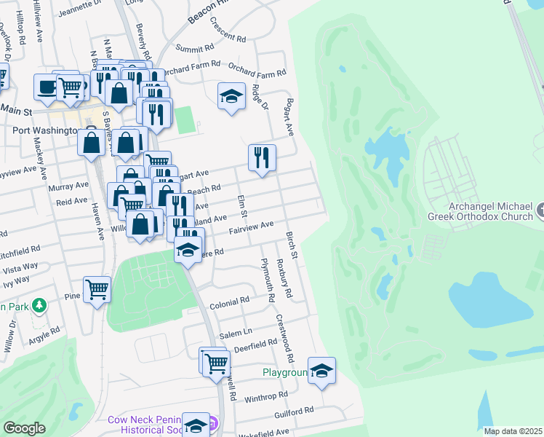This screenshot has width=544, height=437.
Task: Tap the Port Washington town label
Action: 45,130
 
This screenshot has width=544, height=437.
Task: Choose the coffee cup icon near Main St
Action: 48,87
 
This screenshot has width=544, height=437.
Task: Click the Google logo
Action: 25,428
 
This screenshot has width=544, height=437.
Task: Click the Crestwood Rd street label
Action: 284,338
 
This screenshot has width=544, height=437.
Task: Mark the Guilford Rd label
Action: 293,412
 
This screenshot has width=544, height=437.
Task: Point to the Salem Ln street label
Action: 231,332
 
